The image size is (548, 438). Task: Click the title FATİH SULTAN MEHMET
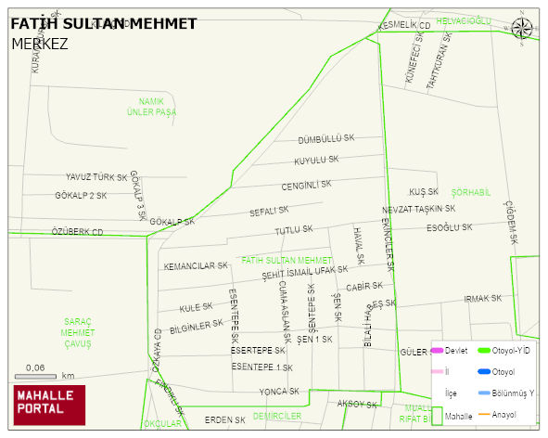[103, 23]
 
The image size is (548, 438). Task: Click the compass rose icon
[522, 29]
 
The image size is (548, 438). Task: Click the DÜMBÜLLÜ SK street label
[326, 139]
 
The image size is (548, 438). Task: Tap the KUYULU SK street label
[316, 161]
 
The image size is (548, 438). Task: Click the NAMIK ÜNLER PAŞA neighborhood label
[151, 106]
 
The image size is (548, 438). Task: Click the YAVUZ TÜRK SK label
[96, 177]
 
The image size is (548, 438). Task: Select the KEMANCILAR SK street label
[196, 266]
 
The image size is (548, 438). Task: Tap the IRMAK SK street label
[482, 299]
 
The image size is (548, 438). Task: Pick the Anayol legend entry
[504, 414]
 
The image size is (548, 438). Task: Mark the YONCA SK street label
[278, 391]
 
